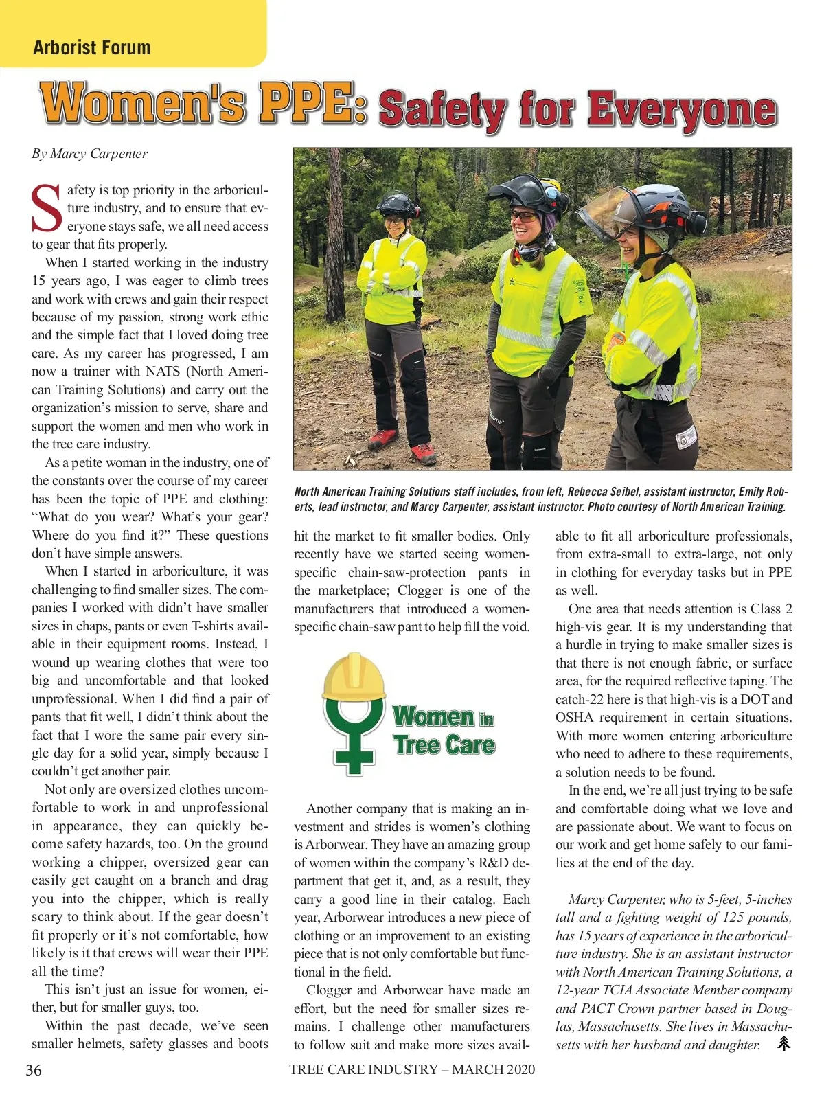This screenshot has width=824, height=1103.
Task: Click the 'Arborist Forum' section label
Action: click(x=91, y=47)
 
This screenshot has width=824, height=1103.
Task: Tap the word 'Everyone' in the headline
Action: click(x=682, y=110)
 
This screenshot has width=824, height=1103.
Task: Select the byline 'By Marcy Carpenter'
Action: click(x=89, y=153)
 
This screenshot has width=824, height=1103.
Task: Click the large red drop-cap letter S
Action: click(x=47, y=209)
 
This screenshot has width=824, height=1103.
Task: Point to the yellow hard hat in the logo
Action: click(x=354, y=676)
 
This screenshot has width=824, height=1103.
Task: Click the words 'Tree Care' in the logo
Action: click(x=444, y=744)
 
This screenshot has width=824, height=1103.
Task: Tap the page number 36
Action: click(x=34, y=1069)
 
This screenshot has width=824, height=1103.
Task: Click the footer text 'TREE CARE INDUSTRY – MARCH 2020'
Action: click(x=412, y=1069)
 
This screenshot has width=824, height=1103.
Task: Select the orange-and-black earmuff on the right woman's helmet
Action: click(x=693, y=220)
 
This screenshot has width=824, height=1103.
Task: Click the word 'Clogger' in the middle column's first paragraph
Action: click(x=421, y=591)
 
